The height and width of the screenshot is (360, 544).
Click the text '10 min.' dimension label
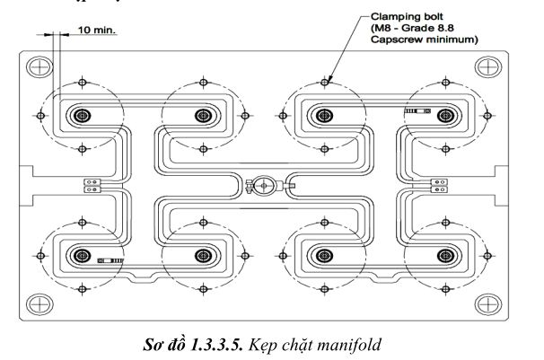click(96, 30)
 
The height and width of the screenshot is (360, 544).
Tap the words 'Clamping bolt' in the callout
click(407, 17)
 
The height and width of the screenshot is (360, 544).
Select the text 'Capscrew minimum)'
click(424, 40)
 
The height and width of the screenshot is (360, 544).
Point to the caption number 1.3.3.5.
click(217, 345)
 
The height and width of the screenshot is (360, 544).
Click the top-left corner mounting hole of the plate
click(39, 67)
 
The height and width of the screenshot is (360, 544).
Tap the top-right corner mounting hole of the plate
click(487, 67)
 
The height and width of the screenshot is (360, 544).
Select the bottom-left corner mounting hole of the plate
click(39, 304)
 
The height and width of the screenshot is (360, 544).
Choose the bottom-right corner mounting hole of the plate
click(487, 304)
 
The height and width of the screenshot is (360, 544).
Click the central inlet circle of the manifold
click(264, 186)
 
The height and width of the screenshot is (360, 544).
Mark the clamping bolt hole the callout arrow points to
click(324, 83)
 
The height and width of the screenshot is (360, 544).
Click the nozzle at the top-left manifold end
click(83, 116)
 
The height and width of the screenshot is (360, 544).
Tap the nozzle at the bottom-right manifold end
click(445, 256)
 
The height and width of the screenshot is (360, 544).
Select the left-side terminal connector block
click(92, 186)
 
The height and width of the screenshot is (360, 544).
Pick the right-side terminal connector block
click(439, 186)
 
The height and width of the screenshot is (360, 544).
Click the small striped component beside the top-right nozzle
click(417, 111)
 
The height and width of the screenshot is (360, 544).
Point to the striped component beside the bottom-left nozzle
click(110, 260)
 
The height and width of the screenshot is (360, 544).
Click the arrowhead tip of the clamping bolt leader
click(328, 82)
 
